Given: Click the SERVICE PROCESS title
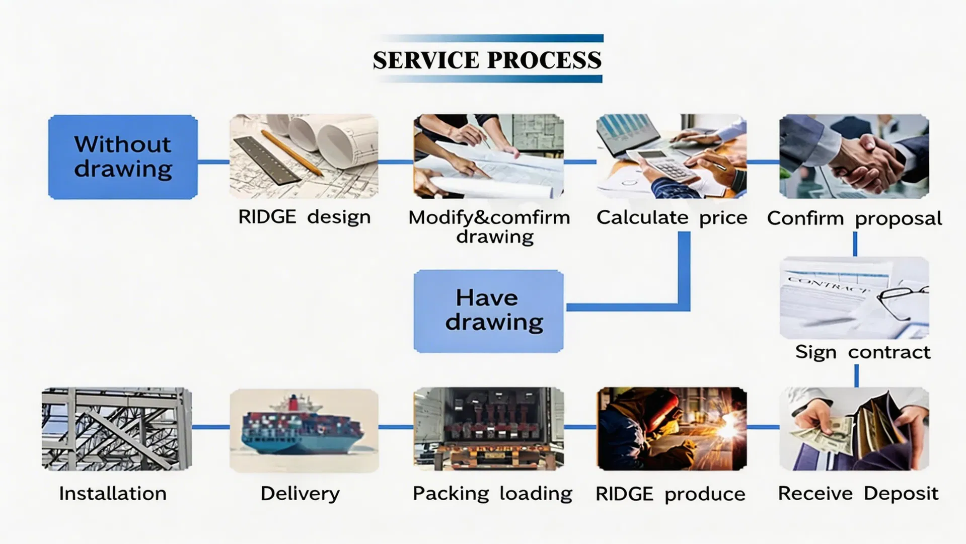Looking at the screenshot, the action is pos(487,60).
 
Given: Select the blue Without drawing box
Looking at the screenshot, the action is pos(123,157).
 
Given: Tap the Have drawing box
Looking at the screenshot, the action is pos(488,311).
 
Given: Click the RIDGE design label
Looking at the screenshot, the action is pos(304,217).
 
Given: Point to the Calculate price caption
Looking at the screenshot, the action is pos(672,217).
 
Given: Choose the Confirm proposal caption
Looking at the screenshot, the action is pos(854,218).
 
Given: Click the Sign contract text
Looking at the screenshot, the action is pos(863,352).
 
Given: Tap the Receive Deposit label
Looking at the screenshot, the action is pos(858,494).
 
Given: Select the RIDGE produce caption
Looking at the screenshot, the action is pos(670,494).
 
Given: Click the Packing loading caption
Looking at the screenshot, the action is pos(492,494).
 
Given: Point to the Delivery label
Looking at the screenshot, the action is pos(300,494).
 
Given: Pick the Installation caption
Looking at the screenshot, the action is pos(113,493).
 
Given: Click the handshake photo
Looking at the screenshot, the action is pos(854,156).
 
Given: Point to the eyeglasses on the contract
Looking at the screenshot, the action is pos(903,301).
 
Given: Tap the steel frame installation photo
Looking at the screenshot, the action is pos(117,429).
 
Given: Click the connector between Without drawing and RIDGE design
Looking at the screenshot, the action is pos(213,162).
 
